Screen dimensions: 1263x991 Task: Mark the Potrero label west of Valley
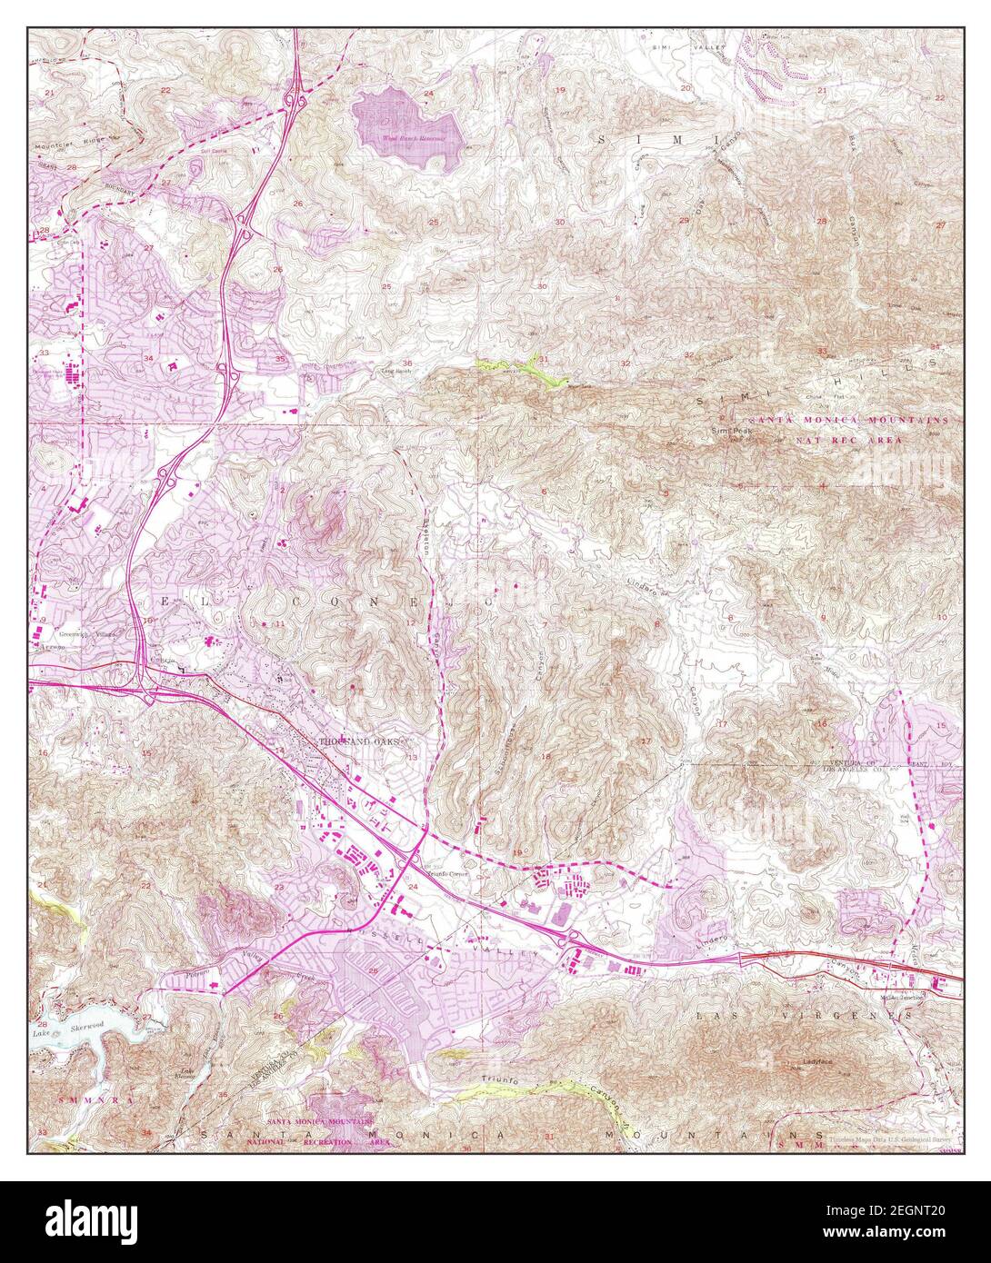[x=198, y=972]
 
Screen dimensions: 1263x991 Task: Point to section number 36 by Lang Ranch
[x=406, y=363]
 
